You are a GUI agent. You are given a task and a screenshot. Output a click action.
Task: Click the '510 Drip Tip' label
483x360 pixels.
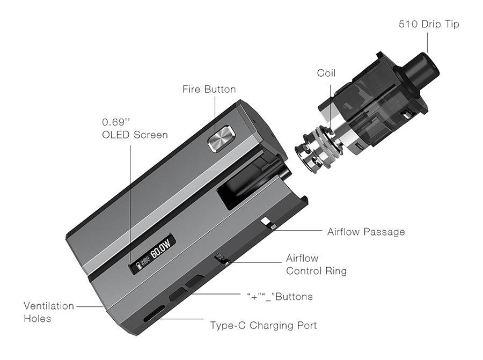429,24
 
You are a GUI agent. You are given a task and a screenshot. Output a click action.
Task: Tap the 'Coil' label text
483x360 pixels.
326,73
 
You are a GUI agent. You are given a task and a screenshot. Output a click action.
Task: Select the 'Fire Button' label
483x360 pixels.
209,89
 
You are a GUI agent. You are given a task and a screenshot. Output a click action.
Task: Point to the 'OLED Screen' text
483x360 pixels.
135,135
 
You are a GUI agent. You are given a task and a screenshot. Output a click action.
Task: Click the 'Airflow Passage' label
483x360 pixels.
366,232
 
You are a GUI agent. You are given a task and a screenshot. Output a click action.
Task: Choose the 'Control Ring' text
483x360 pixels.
316,271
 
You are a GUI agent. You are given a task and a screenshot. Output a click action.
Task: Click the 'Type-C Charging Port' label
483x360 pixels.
263,325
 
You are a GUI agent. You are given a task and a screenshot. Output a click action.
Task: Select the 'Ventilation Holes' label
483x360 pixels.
49,312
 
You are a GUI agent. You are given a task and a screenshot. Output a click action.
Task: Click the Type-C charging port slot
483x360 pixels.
152,316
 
